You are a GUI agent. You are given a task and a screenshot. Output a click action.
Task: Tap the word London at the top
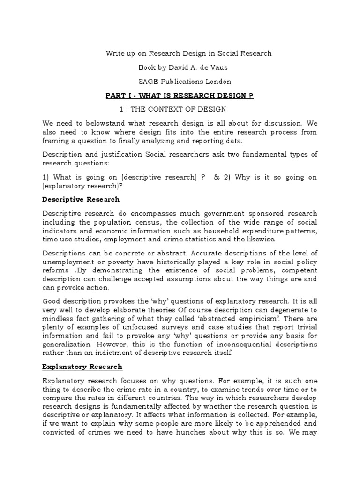point(219,82)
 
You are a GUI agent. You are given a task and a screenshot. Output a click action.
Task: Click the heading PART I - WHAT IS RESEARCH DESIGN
point(180,96)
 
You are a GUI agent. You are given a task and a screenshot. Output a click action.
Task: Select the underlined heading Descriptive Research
point(81,199)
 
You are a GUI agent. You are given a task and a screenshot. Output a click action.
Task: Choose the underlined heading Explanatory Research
point(82,366)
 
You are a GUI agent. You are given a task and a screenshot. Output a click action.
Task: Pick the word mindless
point(59,315)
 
